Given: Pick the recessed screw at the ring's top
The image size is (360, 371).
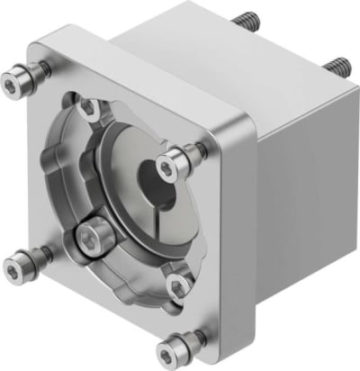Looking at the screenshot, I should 88,107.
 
